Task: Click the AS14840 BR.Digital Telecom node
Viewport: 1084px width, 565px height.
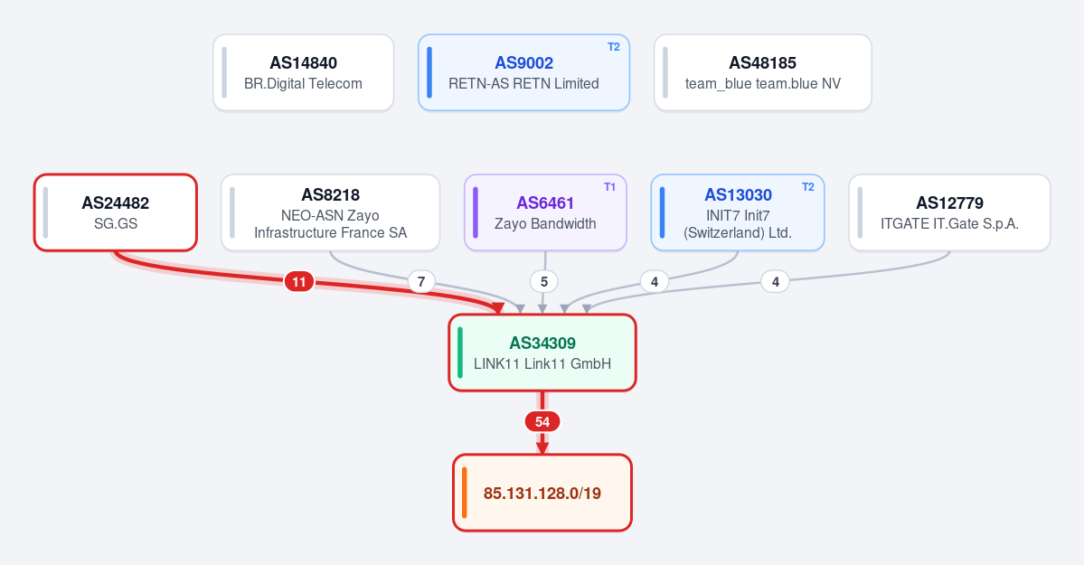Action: (x=304, y=72)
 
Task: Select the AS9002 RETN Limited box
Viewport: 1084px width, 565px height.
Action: (x=524, y=72)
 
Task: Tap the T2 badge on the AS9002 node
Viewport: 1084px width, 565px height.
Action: (x=613, y=47)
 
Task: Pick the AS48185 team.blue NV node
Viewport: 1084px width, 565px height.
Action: (x=762, y=72)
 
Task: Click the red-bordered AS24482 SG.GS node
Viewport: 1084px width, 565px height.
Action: (x=116, y=212)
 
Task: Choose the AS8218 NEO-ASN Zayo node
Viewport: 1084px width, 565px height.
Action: (x=331, y=212)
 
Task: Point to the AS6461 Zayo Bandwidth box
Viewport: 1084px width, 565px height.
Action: (x=545, y=212)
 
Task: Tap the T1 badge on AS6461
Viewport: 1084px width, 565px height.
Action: (x=609, y=187)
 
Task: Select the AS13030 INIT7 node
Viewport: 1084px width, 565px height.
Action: (x=738, y=212)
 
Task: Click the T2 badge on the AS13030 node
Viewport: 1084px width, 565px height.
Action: (x=807, y=187)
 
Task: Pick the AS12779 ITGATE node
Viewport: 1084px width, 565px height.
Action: (x=949, y=212)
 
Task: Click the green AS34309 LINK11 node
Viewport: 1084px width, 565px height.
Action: (x=542, y=353)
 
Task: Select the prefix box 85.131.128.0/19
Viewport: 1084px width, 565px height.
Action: (x=542, y=493)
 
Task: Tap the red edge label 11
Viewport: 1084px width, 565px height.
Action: (x=298, y=281)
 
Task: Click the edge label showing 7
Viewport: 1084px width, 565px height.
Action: (x=421, y=281)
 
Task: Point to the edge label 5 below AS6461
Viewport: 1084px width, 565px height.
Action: (x=544, y=281)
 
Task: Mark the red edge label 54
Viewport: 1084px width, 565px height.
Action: (x=542, y=422)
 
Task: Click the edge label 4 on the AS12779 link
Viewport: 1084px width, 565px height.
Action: (x=775, y=281)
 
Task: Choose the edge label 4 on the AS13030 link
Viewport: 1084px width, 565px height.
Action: (x=654, y=281)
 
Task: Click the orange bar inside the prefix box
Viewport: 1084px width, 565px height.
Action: (x=465, y=493)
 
